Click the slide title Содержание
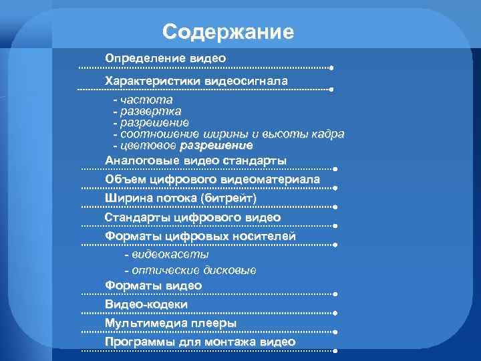tap(227, 31)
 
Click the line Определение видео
tap(165, 59)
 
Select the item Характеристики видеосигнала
tap(196, 80)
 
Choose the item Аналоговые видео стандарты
tap(196, 161)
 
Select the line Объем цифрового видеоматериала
tap(212, 180)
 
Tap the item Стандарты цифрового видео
tap(192, 218)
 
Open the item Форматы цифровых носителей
tap(200, 237)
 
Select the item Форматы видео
tap(153, 285)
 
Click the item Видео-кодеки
tap(146, 304)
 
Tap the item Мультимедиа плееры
tap(170, 323)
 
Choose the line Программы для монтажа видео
tap(200, 342)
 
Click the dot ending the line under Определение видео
tap(332, 68)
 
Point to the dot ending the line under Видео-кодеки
tap(333, 313)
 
